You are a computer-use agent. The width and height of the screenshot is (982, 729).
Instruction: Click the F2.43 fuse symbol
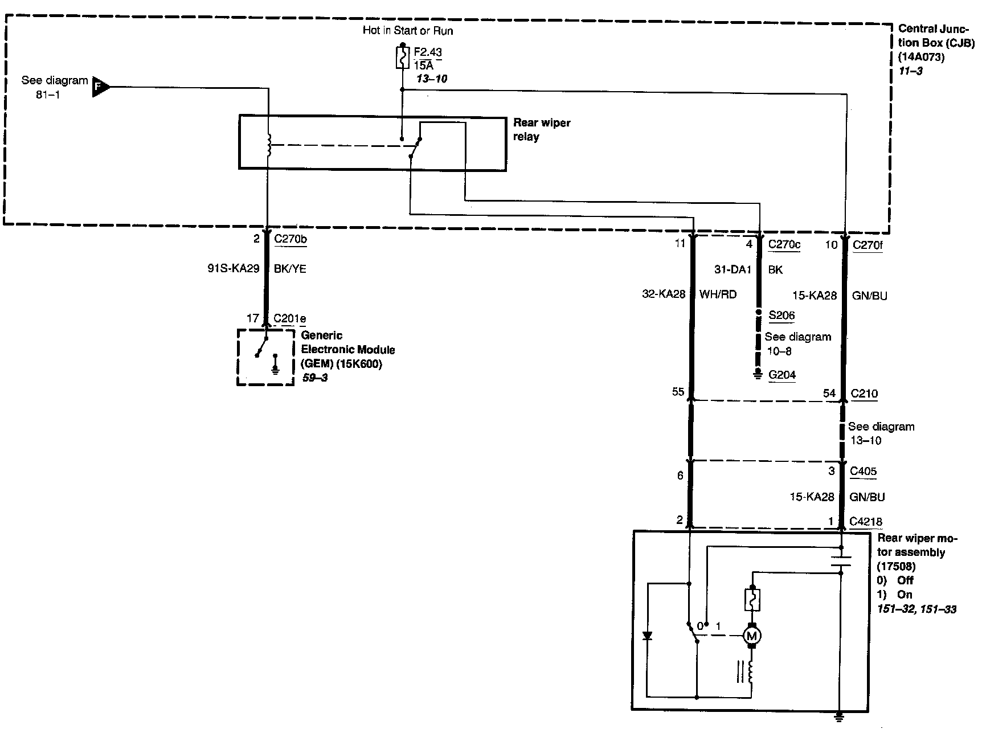(x=403, y=58)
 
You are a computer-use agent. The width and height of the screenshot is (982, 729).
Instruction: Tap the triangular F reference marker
(x=99, y=87)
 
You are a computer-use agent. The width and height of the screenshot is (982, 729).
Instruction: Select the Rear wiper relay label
(x=541, y=130)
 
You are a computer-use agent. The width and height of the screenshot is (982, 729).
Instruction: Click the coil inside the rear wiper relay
(x=269, y=145)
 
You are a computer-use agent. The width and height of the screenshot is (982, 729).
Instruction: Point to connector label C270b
(x=290, y=239)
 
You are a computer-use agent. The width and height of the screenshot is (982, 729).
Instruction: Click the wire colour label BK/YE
(x=290, y=269)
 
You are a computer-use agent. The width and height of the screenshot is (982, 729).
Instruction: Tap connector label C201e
(x=289, y=319)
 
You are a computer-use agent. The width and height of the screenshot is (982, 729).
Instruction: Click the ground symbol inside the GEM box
(x=276, y=364)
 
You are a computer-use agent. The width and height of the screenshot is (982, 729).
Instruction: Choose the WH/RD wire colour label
(x=718, y=294)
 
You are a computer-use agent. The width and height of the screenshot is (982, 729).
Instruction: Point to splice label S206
(x=781, y=316)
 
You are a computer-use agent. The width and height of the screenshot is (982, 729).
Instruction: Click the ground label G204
(x=781, y=375)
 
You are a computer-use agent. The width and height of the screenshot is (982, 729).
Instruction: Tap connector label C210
(x=864, y=394)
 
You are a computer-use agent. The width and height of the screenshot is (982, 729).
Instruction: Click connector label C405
(x=863, y=471)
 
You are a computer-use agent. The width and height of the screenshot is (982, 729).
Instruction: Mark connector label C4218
(x=865, y=521)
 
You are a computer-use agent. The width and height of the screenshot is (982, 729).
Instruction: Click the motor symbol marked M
(x=752, y=636)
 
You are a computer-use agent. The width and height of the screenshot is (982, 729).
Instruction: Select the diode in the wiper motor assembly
(x=647, y=636)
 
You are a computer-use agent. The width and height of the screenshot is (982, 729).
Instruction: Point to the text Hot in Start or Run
(x=408, y=31)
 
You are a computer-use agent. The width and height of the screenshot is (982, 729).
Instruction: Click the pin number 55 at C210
(x=677, y=392)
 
